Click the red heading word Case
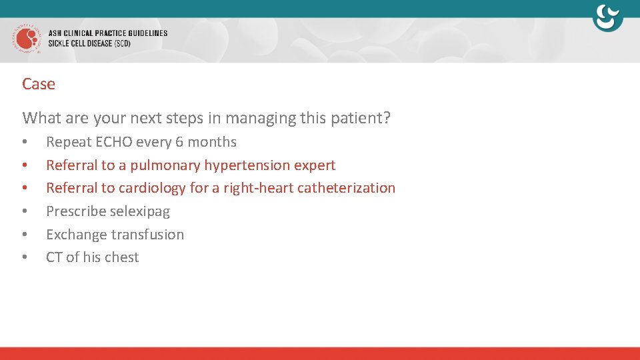point(39,84)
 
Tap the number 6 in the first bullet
point(179,142)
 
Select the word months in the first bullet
point(212,142)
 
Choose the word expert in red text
point(316,165)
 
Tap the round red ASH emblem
point(27,39)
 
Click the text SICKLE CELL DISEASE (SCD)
point(89,44)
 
